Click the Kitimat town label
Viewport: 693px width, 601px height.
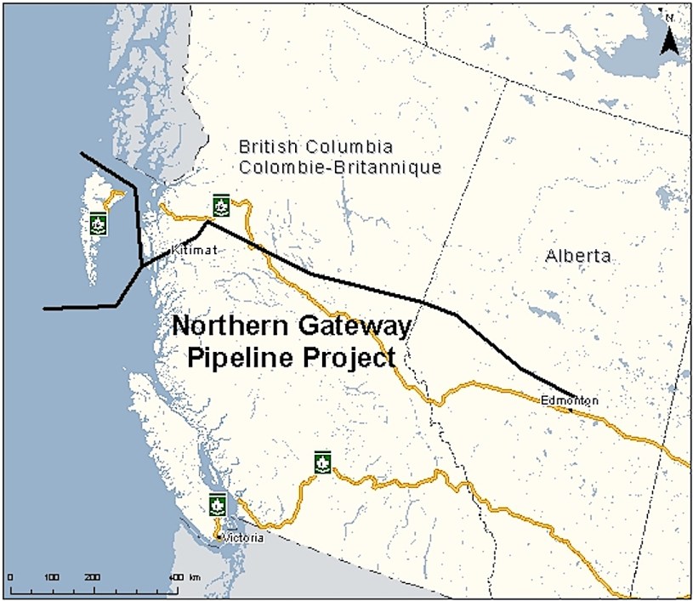[x=190, y=250]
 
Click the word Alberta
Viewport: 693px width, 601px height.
[x=578, y=256]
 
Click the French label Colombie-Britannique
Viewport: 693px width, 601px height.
[x=340, y=167]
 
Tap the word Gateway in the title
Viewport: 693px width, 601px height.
[x=350, y=326]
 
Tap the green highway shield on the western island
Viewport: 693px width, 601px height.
[x=98, y=224]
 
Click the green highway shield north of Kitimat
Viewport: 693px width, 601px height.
[x=221, y=205]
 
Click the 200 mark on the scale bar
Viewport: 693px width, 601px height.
[x=93, y=578]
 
